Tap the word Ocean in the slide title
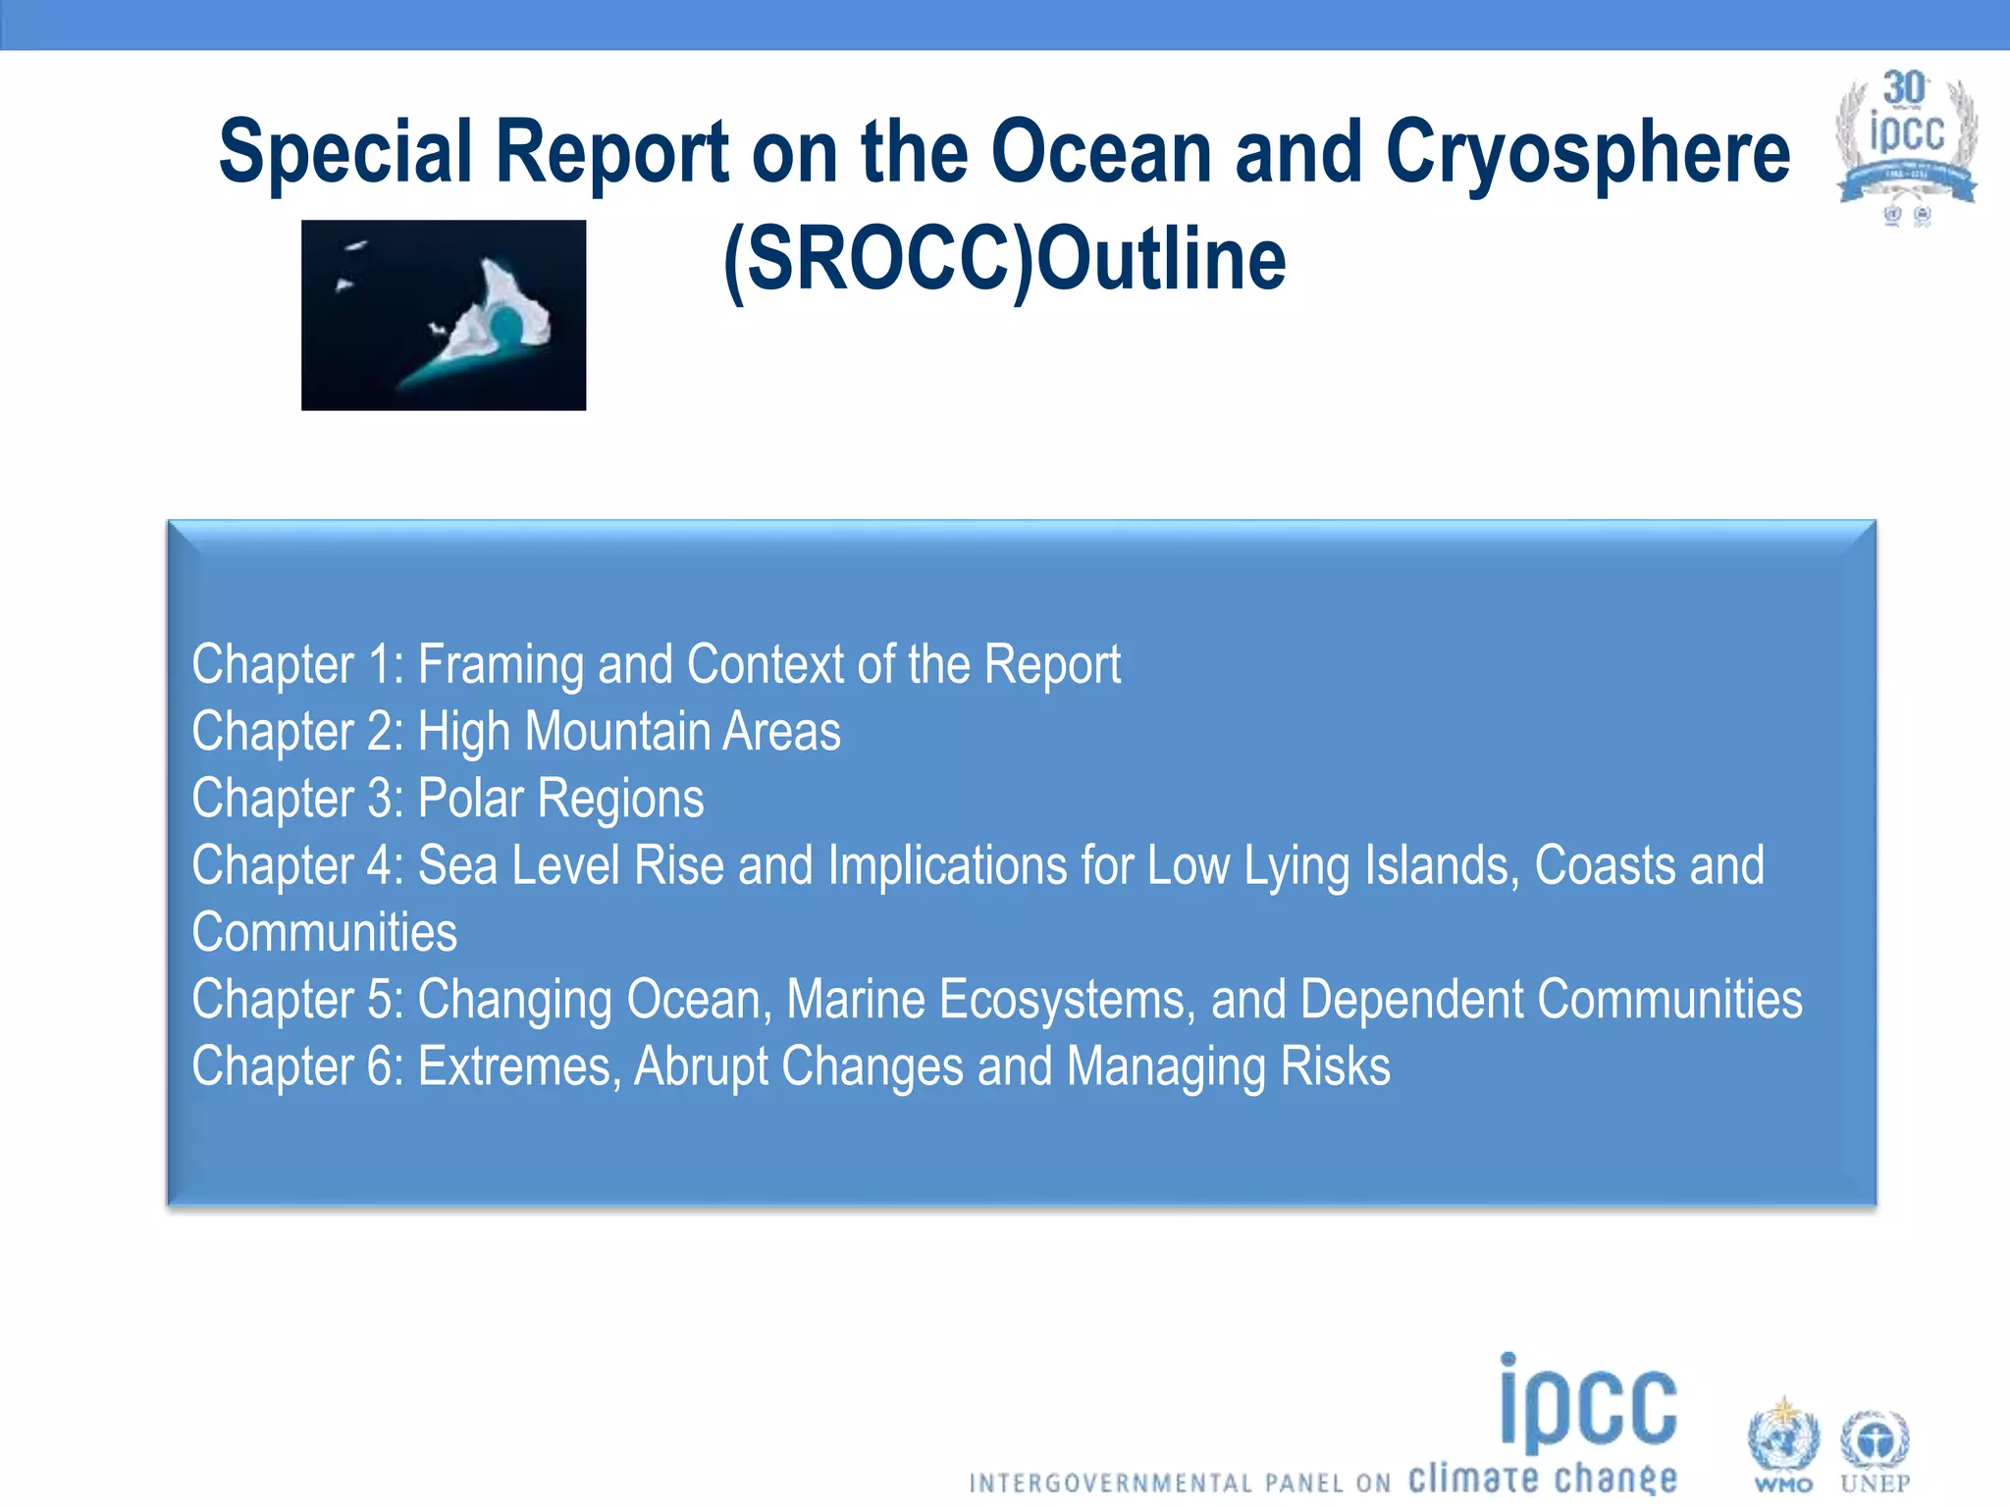point(1101,152)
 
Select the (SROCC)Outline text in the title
point(1004,260)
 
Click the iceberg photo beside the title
point(444,315)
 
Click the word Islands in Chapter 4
point(1381,866)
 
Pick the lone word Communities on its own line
point(325,933)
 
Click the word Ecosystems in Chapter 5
point(1068,1000)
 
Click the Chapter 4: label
point(297,866)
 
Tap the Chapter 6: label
point(297,1066)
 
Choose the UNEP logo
point(1875,1447)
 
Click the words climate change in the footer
point(1543,1478)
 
